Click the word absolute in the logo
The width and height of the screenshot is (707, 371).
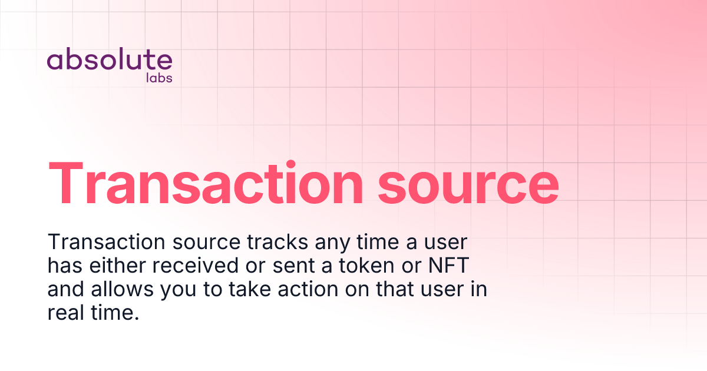coord(110,60)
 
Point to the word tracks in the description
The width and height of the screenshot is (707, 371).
coord(278,242)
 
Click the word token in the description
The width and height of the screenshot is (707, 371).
coord(362,266)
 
